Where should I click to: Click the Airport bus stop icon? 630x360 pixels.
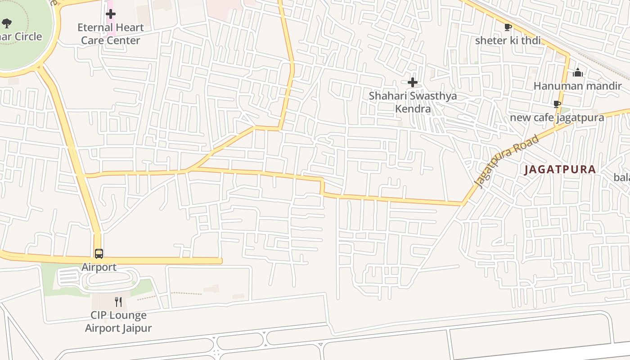tap(99, 254)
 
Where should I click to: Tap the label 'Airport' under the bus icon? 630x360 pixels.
tap(99, 267)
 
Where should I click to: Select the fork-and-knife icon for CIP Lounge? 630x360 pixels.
tap(118, 301)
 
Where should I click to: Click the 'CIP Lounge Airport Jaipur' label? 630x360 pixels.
tap(118, 321)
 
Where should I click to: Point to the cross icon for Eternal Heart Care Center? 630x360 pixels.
tap(110, 14)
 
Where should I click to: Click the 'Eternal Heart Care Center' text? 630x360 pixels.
tap(110, 34)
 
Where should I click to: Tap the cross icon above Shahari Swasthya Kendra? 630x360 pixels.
tap(412, 82)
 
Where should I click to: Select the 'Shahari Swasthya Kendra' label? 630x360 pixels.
tap(413, 102)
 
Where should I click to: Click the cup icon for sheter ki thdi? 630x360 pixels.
tap(508, 27)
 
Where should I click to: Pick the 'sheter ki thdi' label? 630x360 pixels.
tap(508, 40)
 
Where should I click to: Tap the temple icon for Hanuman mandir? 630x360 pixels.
tap(578, 72)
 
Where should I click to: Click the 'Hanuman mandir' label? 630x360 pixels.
tap(577, 85)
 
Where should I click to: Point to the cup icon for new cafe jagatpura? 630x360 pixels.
tap(557, 104)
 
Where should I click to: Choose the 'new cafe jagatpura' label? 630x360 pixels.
tap(557, 117)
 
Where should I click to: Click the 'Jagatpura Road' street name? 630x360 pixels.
tap(507, 161)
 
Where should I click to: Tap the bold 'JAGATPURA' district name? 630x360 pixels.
tap(560, 170)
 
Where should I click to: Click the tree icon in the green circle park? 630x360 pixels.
tap(6, 23)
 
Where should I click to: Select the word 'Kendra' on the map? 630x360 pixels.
tap(413, 109)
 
